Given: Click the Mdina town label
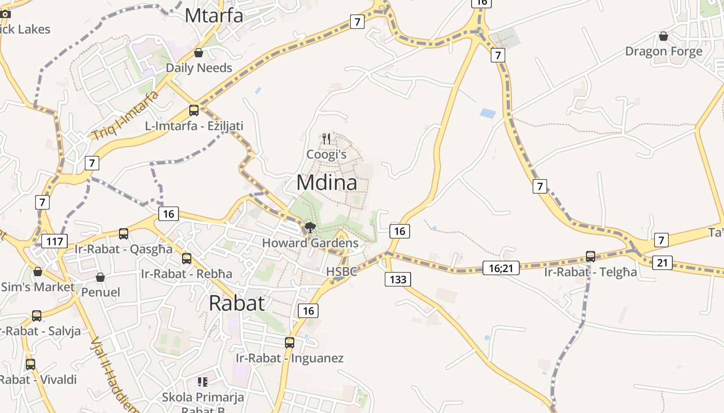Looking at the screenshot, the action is point(326,183).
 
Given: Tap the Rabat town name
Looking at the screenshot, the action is point(237,303).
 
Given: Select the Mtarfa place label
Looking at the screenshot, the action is point(214,15).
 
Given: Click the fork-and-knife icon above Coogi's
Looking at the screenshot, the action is point(326,138).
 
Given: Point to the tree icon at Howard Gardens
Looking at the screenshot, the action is point(310,228).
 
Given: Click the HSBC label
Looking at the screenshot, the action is point(341,272).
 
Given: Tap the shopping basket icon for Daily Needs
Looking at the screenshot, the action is point(198,53).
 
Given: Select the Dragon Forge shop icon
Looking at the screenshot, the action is point(663,36).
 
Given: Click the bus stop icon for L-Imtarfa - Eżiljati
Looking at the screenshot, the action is point(194,110).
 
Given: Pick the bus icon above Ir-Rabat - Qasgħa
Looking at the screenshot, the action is point(123,233).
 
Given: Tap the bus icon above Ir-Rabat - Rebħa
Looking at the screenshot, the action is point(187,258).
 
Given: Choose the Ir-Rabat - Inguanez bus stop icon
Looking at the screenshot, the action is point(290,342).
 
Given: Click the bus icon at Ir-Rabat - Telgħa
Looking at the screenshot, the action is point(591,256).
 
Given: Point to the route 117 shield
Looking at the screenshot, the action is point(54,241).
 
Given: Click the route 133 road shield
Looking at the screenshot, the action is point(398,280).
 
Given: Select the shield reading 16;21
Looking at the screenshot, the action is point(501,267).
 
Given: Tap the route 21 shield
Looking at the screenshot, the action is point(662,263).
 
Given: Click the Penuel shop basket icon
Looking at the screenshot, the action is point(100,277).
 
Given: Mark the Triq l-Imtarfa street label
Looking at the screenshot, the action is point(125,116).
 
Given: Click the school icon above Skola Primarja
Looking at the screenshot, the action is point(203,382).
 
